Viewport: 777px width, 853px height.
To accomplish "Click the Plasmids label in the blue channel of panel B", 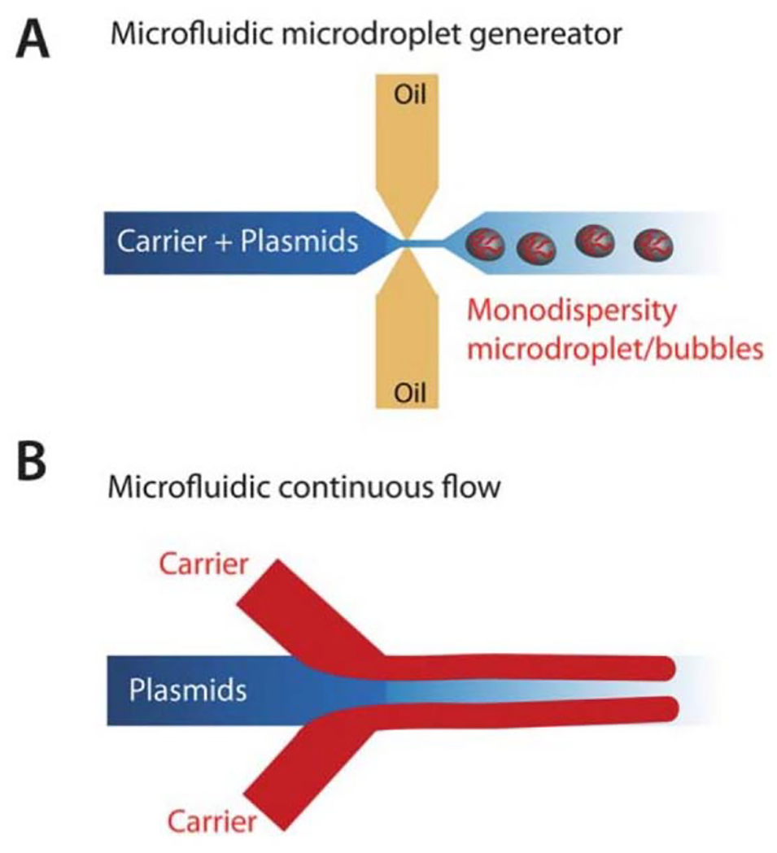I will [x=188, y=691].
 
